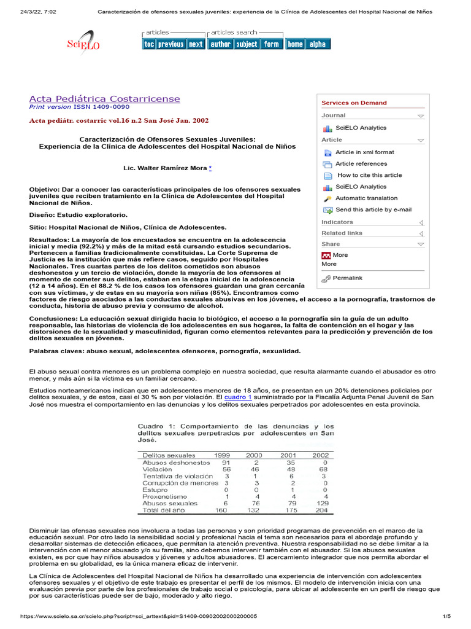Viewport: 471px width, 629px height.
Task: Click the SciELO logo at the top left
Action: (x=82, y=43)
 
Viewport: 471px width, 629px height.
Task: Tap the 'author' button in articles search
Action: (x=220, y=44)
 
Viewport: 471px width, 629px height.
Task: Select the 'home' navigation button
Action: (x=295, y=44)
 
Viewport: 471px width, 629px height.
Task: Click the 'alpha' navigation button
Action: (x=318, y=44)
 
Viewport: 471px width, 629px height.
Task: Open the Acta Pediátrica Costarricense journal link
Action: (x=105, y=99)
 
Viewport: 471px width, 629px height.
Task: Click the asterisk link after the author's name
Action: (x=210, y=168)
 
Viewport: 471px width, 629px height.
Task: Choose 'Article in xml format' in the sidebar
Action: (x=364, y=152)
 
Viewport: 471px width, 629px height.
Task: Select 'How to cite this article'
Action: (x=369, y=175)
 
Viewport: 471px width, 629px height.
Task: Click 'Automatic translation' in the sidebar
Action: (x=366, y=198)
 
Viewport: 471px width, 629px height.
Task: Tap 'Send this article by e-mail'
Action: (x=373, y=210)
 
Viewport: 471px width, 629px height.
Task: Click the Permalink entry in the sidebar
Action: (x=347, y=278)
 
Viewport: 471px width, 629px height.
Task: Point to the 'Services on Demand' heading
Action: (x=354, y=103)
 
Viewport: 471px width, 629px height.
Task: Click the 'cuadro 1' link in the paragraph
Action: (x=237, y=397)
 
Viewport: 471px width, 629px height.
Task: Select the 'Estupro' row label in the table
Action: (x=154, y=489)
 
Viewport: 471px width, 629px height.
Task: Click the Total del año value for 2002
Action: (x=321, y=510)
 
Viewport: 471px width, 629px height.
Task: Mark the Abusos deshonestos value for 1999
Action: (x=226, y=462)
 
